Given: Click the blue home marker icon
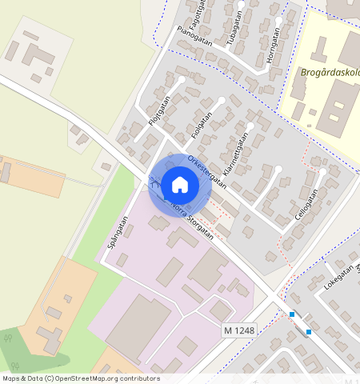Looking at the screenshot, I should (x=180, y=186).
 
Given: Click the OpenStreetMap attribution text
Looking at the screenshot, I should (x=81, y=378).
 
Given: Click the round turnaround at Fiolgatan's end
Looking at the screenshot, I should (x=222, y=100).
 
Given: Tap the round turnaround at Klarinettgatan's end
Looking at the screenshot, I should (x=250, y=126).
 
